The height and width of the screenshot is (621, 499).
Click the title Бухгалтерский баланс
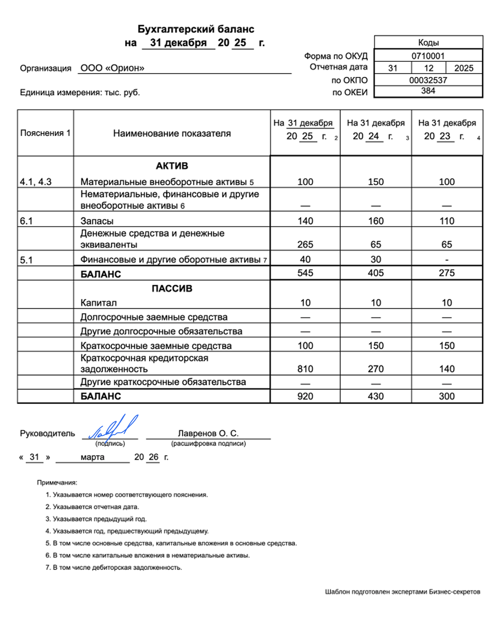(196, 29)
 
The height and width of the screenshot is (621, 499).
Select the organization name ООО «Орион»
(112, 68)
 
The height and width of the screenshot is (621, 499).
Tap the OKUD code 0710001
(428, 56)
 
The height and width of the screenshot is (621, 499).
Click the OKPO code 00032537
(428, 80)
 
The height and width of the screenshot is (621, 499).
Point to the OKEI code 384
(428, 91)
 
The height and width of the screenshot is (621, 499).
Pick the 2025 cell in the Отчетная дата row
(463, 68)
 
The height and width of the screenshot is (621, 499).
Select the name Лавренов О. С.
(208, 433)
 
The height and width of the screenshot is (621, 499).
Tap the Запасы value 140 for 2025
(305, 221)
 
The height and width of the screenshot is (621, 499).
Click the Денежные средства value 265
(305, 245)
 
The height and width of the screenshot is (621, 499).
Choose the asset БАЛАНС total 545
(305, 273)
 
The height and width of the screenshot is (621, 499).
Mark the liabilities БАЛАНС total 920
(305, 396)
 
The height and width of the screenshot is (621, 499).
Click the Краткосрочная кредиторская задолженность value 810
(305, 369)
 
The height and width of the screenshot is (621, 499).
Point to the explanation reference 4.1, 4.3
(36, 182)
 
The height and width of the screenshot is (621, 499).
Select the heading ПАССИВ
(172, 289)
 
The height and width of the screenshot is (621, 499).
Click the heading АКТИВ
(172, 166)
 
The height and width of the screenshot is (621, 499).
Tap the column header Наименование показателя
(172, 133)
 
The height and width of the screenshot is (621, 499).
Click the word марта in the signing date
(92, 457)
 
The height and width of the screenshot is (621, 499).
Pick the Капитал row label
(98, 303)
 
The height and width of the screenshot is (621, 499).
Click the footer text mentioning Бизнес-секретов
(402, 592)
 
